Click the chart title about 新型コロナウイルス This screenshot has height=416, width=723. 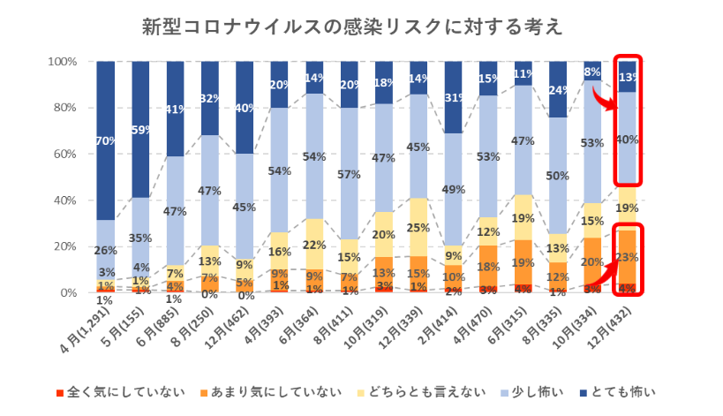(353, 27)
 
